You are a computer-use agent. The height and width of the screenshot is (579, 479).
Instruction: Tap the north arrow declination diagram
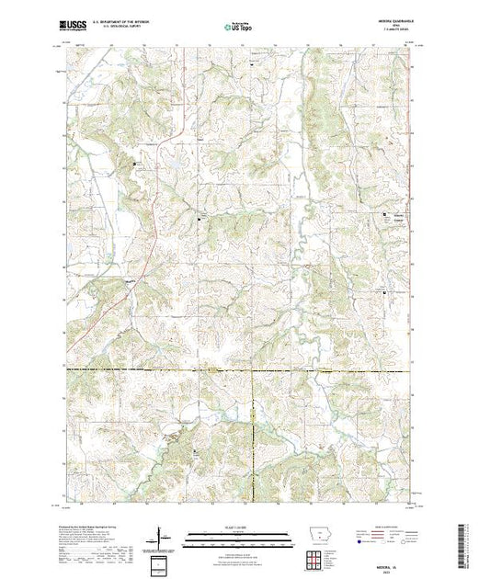pos(161,535)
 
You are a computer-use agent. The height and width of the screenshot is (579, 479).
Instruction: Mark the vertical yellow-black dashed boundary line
pos(254,432)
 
